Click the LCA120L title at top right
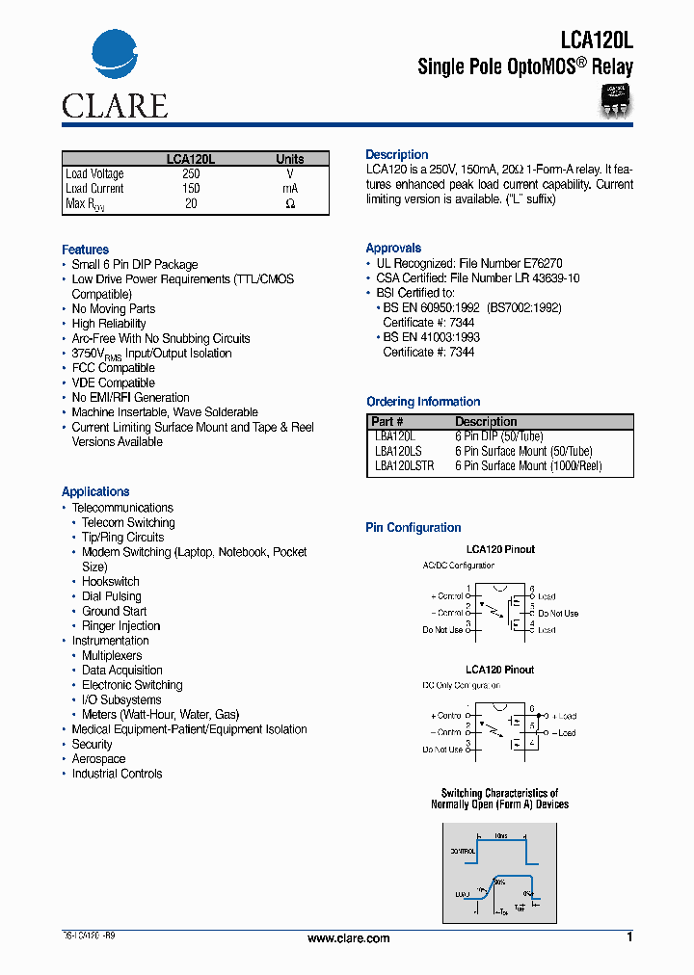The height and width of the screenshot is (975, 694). (597, 40)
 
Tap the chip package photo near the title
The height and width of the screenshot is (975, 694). (614, 100)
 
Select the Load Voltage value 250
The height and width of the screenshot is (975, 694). (191, 174)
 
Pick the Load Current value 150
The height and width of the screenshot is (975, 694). (191, 189)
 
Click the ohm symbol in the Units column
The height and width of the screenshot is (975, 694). (290, 204)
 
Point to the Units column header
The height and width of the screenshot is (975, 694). (289, 159)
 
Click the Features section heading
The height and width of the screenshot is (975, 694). (85, 250)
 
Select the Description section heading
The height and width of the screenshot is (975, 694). (396, 154)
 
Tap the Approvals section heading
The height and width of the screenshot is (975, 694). (393, 248)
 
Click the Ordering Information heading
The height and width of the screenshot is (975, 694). (423, 402)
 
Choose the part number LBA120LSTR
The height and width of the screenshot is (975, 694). (404, 465)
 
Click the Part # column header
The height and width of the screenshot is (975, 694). (387, 422)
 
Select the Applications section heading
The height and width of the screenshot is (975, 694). (95, 491)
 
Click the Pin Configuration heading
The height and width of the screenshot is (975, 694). (413, 528)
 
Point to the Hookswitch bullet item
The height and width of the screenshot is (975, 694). (110, 582)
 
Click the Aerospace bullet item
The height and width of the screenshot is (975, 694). (98, 759)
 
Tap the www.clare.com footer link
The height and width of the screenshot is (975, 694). (348, 938)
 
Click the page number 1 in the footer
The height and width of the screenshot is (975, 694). (629, 937)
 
